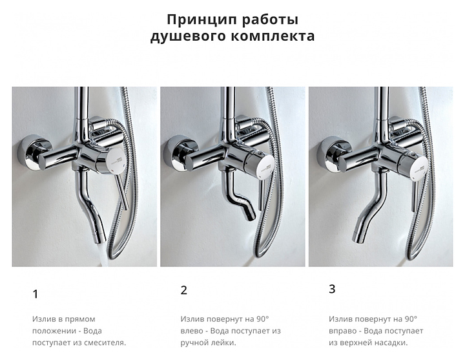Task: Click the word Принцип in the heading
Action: [x=202, y=20]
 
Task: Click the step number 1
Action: [x=36, y=294]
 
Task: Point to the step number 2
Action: [x=184, y=290]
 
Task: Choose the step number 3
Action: [x=332, y=289]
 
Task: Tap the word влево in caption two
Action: [x=190, y=331]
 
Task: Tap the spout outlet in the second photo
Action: [x=250, y=215]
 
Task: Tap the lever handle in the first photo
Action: [x=121, y=191]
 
